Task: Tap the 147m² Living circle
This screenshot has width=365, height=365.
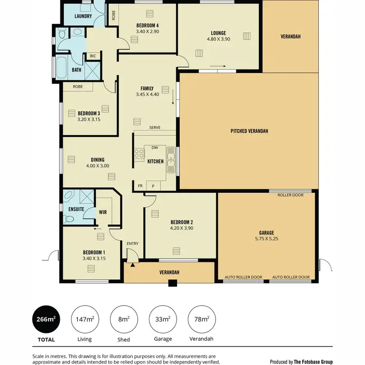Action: (85, 319)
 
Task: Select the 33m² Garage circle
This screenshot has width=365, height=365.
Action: (163, 319)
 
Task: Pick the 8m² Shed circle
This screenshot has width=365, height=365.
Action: (124, 319)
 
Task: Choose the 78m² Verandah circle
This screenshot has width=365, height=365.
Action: (201, 319)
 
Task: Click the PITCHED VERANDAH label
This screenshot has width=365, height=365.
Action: (249, 131)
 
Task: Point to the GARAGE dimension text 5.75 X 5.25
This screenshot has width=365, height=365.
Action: (266, 239)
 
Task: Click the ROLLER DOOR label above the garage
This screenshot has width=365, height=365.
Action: (290, 195)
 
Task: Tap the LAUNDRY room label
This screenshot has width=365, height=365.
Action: (83, 17)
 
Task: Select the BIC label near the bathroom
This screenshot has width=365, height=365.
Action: (92, 56)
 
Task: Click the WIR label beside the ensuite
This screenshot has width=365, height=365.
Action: (103, 212)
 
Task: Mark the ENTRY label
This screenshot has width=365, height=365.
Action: (132, 243)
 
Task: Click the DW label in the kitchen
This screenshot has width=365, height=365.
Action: (154, 147)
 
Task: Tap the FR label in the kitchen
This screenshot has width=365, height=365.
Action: (141, 186)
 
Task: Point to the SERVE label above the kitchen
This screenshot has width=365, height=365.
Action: (155, 128)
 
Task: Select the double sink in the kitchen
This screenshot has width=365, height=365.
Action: (171, 161)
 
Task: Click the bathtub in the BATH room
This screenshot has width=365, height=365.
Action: (61, 69)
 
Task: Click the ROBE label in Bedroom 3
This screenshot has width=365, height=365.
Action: (77, 87)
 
